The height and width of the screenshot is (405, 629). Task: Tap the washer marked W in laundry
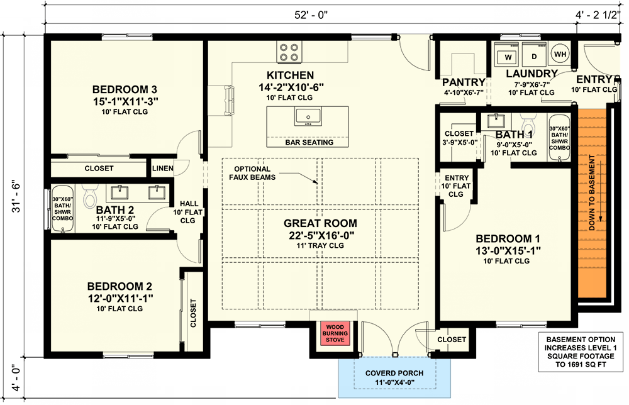point(509,57)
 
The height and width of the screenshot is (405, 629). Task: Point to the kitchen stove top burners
point(289,52)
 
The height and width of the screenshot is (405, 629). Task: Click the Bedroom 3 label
point(125,89)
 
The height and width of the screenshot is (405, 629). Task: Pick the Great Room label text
point(320,223)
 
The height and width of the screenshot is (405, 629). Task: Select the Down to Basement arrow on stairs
point(601,189)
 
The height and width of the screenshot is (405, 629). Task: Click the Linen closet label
point(160,169)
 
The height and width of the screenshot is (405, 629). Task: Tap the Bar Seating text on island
point(309,142)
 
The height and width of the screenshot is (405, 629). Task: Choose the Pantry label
point(464,82)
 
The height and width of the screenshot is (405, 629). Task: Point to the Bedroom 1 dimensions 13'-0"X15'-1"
point(508,250)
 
